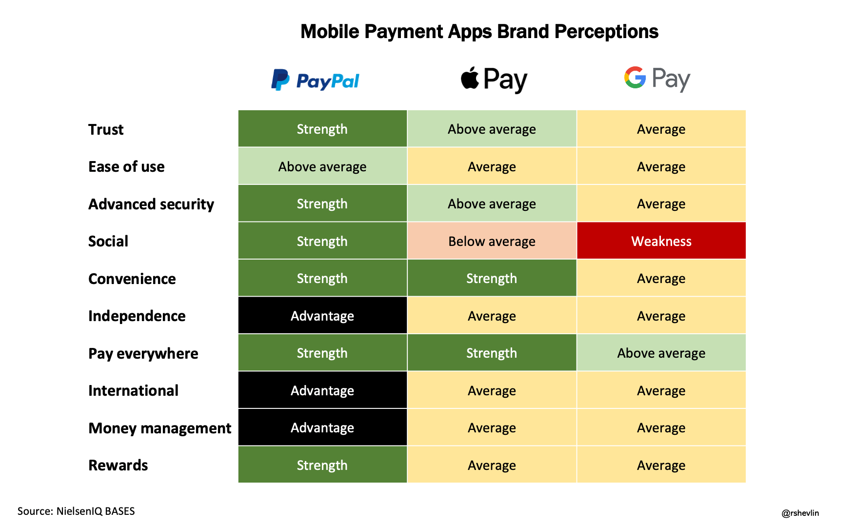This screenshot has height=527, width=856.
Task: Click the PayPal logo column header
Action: coord(315,80)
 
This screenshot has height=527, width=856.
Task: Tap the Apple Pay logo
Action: coord(494,80)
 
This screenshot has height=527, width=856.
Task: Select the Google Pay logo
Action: coord(657,79)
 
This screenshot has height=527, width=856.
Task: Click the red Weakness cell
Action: coord(661,241)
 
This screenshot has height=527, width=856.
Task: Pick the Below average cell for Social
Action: coord(492,241)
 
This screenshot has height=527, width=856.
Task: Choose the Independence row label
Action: coord(137,316)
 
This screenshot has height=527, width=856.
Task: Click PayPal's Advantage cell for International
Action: coord(322,390)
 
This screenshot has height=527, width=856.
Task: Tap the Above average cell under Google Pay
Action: coord(661,353)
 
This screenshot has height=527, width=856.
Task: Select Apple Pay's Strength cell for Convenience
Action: coord(492,278)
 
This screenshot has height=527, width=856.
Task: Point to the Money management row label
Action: coord(160,428)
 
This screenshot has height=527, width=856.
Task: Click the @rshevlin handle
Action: coord(800,513)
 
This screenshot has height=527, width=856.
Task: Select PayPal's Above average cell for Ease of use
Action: coord(322,166)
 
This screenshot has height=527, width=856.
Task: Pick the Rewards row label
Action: coord(118,466)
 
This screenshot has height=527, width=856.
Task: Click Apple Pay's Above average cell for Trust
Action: coord(492,129)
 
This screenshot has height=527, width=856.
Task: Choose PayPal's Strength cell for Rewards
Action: coord(322,465)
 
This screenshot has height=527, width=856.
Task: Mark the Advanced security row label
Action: coord(151,204)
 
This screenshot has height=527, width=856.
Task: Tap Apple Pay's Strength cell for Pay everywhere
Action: coord(492,353)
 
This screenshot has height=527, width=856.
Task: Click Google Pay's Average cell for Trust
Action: coord(661,129)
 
